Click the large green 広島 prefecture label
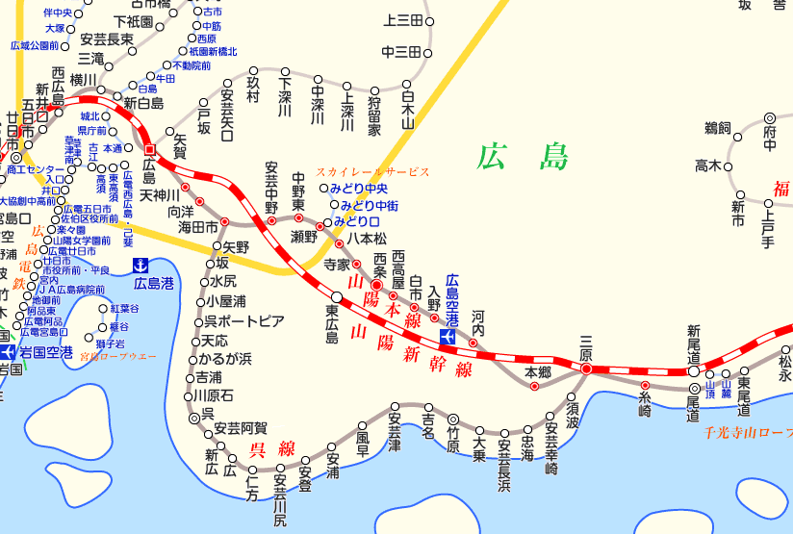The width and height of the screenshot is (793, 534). tap(524, 156)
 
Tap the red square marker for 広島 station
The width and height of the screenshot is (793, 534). tap(149, 149)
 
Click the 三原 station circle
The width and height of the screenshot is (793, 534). tap(586, 369)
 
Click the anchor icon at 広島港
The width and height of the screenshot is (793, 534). tap(141, 265)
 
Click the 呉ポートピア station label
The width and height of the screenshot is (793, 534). tap(244, 320)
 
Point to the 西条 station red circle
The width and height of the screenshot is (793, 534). tap(377, 286)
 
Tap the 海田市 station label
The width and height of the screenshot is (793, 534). tap(198, 227)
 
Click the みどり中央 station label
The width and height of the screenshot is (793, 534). tap(358, 189)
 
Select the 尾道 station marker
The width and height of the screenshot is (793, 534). tap(694, 389)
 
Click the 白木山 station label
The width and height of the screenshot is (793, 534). tap(407, 108)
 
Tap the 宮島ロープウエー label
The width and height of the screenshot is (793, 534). tap(117, 357)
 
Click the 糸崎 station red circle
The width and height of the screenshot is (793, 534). tap(645, 386)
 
